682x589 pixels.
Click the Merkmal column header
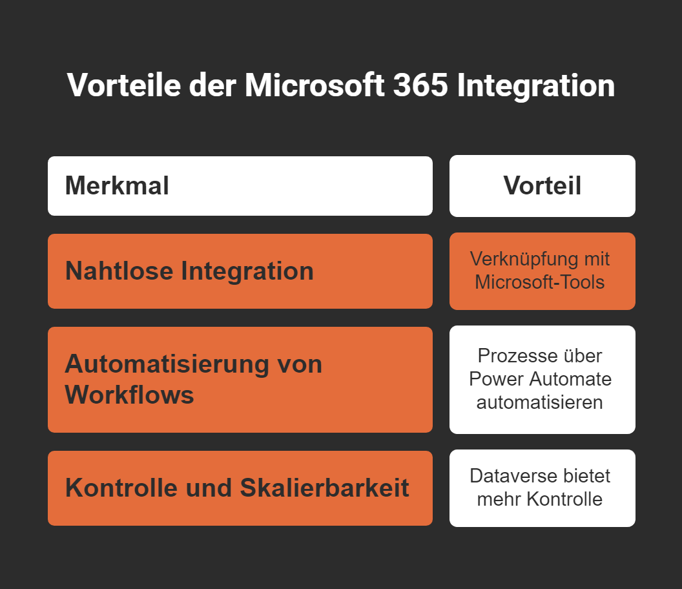pos(117,186)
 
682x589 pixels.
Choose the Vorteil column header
pos(542,186)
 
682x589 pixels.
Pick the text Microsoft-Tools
pos(540,282)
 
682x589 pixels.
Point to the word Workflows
pos(129,395)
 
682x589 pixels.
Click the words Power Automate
pos(541,378)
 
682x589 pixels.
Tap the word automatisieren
pos(540,402)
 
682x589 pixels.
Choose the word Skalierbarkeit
pos(324,488)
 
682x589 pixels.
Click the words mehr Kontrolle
pos(540,499)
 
